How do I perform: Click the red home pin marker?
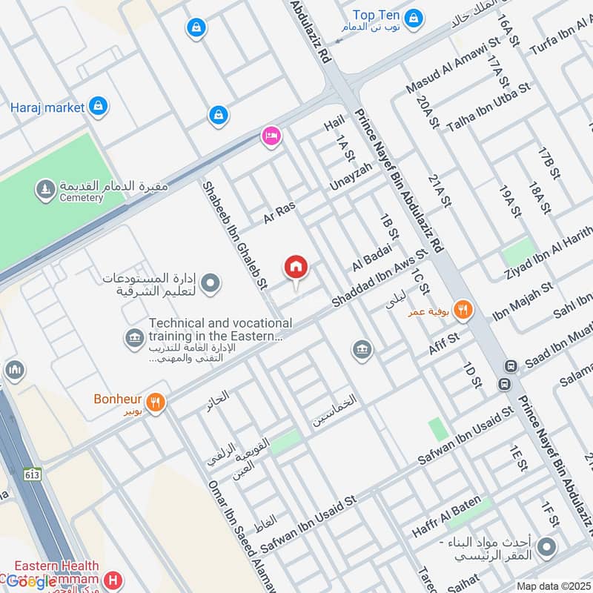(x=296, y=267)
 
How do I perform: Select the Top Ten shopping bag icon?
(x=414, y=16)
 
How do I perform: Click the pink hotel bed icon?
(x=271, y=136)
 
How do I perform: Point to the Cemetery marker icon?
(x=46, y=191)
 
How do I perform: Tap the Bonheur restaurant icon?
(x=156, y=402)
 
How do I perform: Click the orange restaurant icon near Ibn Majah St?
(x=464, y=310)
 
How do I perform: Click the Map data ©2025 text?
(x=552, y=586)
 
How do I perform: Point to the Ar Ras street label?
(x=279, y=213)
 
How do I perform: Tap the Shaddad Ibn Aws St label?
(x=380, y=279)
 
